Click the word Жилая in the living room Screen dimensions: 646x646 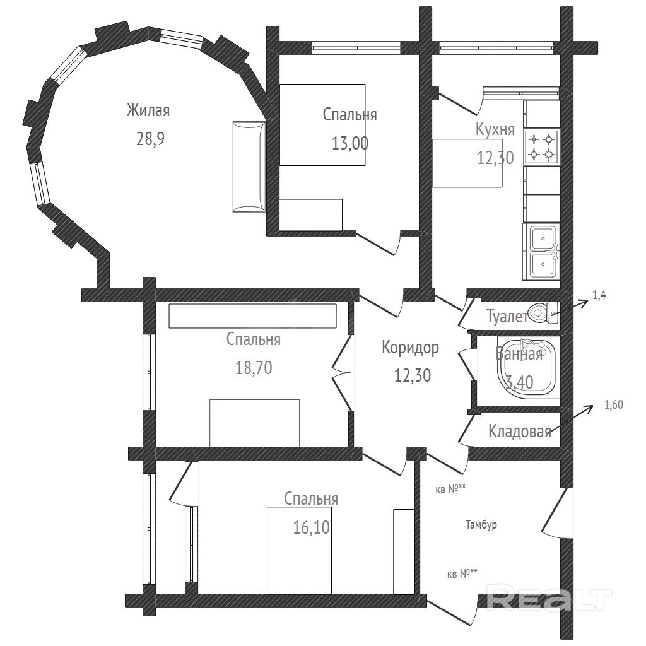click(x=148, y=110)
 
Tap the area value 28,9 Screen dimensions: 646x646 click(x=150, y=139)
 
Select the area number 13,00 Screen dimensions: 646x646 click(x=350, y=143)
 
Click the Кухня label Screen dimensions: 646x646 click(x=495, y=129)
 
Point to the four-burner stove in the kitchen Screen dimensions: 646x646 click(x=542, y=146)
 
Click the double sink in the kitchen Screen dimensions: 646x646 click(x=541, y=251)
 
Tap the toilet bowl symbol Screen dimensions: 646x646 click(x=543, y=313)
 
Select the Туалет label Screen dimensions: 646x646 click(x=507, y=317)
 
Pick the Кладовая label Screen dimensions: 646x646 click(x=520, y=432)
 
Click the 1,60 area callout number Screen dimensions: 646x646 click(x=613, y=405)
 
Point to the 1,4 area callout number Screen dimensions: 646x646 click(x=599, y=295)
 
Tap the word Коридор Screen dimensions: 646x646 click(x=410, y=348)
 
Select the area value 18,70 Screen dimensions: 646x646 click(x=254, y=368)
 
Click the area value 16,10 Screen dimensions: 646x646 click(x=312, y=527)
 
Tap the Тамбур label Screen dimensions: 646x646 click(x=481, y=525)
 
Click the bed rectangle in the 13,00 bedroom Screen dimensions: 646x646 click(x=322, y=125)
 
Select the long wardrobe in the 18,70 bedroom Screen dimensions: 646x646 click(x=252, y=316)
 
